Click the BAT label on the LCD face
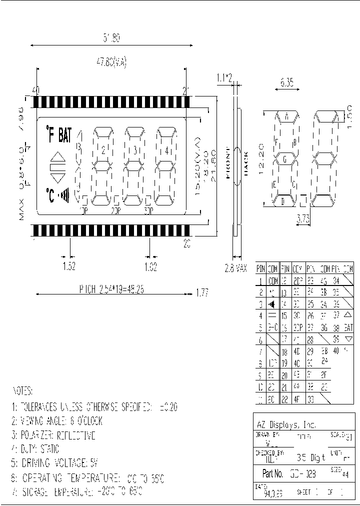point(65,135)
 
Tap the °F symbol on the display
point(50,135)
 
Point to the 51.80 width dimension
point(111,37)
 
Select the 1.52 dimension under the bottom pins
point(69,267)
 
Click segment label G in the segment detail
point(285,159)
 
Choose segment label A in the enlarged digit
point(287,116)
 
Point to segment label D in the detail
point(282,201)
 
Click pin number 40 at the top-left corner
point(35,90)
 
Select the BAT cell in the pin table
point(348,328)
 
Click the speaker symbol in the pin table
point(272,304)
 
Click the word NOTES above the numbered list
point(22,390)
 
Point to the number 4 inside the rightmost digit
point(166,150)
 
